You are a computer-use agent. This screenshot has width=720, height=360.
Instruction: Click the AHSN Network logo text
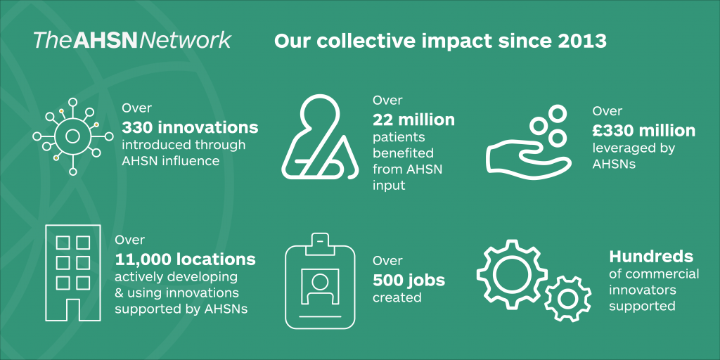click(x=131, y=40)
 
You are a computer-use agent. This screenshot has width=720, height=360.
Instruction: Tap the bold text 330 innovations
click(x=190, y=128)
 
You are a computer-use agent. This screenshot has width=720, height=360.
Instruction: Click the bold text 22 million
click(x=413, y=120)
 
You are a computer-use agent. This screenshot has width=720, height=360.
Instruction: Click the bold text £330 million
click(x=643, y=131)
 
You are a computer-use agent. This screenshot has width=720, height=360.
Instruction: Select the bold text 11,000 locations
click(x=184, y=259)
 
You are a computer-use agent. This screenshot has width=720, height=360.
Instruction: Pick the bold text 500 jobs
click(x=409, y=280)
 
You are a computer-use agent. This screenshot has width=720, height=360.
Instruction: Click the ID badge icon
click(x=320, y=281)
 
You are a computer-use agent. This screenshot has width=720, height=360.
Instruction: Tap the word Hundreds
click(x=651, y=257)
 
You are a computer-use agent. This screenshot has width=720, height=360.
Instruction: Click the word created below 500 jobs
click(x=397, y=297)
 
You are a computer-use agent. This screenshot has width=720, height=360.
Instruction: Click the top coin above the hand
click(x=558, y=112)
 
